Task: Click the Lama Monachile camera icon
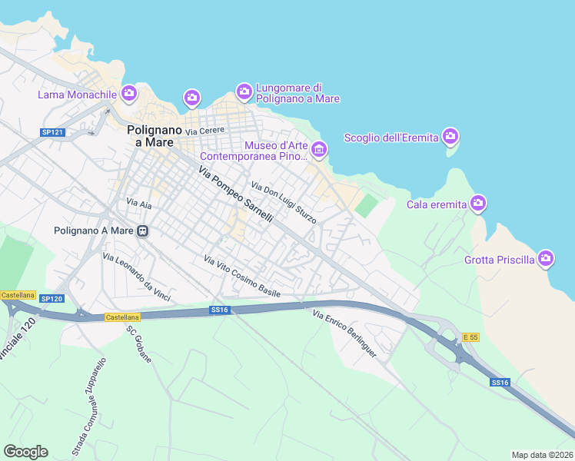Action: (128, 94)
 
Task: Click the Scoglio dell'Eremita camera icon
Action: (450, 137)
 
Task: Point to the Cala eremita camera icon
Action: (478, 204)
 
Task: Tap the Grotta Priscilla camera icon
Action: (546, 259)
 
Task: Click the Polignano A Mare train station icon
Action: (142, 230)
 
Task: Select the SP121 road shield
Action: (52, 133)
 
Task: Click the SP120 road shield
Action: (51, 298)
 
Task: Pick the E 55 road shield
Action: (470, 337)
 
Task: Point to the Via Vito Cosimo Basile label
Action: (242, 277)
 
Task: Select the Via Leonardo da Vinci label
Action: (136, 277)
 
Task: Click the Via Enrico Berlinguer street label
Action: (344, 333)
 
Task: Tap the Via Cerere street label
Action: (204, 131)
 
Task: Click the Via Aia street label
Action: (138, 203)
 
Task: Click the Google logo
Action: (25, 452)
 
